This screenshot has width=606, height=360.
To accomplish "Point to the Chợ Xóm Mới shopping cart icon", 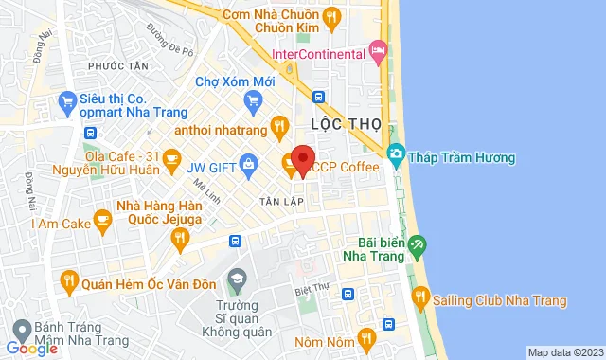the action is point(253,100).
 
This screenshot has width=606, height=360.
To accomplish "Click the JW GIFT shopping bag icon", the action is point(247,167).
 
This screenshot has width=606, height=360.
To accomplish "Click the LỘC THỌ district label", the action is point(339,124).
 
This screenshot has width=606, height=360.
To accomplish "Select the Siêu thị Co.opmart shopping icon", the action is point(66,99).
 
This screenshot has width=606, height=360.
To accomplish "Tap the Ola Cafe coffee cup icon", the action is point(171,156).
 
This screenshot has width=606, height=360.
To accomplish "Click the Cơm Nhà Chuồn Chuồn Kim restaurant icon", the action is point(330,15).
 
